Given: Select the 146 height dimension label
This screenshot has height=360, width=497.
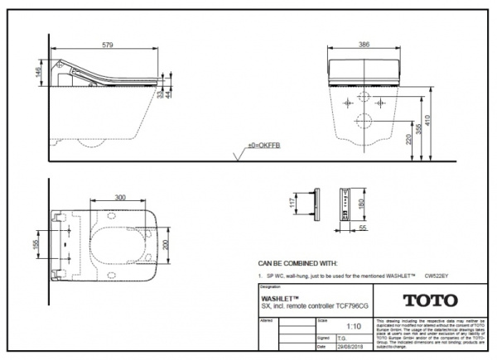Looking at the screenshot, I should (x=37, y=72).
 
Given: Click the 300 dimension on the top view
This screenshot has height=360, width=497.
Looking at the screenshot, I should (x=120, y=198).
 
